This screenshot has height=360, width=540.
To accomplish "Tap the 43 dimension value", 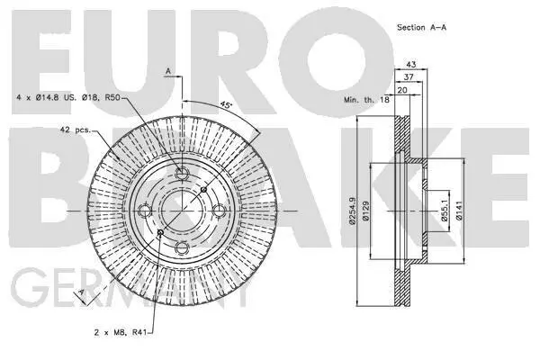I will tap(409, 64).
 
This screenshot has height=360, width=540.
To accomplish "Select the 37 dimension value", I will tap(409, 78).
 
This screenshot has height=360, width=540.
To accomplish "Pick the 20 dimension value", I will tap(401, 91).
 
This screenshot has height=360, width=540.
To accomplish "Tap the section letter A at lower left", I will tap(81, 293).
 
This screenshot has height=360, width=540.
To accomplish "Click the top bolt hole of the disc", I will tap(182, 175).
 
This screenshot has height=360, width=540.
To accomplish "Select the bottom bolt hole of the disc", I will tap(182, 249).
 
